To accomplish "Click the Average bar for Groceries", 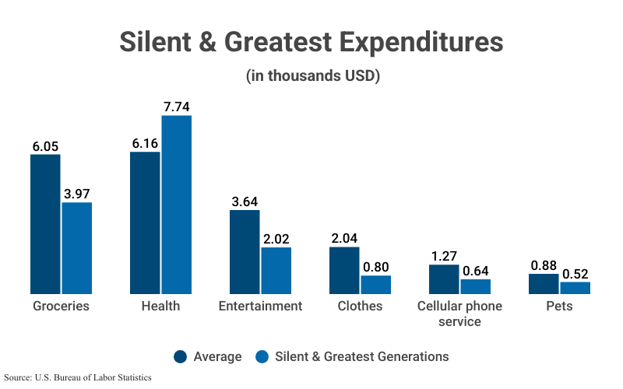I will coord(45,224).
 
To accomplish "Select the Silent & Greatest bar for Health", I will coord(176,205).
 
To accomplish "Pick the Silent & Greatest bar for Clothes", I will coord(375,285).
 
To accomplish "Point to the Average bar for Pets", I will coord(544,284).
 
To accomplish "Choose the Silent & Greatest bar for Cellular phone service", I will coord(475,286).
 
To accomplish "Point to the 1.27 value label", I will coord(444,256).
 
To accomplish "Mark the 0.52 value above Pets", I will coord(575,273).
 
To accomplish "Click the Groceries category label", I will coord(61,306).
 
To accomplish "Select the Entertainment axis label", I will coord(260,306).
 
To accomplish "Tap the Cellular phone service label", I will coord(459,314).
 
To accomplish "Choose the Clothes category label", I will coord(360,306).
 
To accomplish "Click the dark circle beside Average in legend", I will coord(181,356).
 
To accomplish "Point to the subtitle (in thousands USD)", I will coord(311,76).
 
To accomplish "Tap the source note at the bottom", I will coord(78,377).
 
